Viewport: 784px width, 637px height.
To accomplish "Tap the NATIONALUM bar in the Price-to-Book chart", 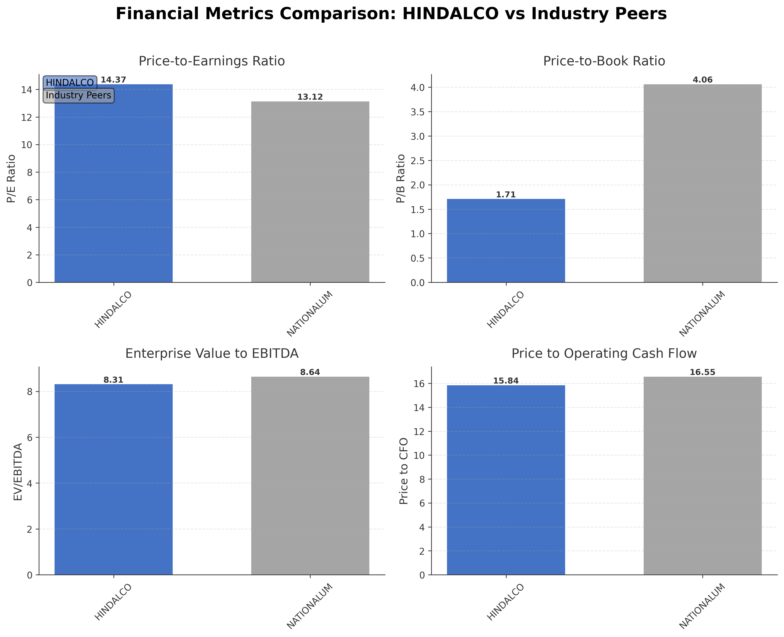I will pyautogui.click(x=702, y=184).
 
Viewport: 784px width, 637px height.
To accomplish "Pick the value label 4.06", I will pyautogui.click(x=702, y=80).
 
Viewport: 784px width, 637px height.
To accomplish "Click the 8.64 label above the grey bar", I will pyautogui.click(x=310, y=373).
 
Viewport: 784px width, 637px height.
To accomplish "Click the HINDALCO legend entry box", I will pyautogui.click(x=70, y=83).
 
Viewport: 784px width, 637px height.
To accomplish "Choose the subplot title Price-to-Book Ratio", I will pyautogui.click(x=604, y=61).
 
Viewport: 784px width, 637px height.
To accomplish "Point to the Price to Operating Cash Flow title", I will pyautogui.click(x=604, y=353).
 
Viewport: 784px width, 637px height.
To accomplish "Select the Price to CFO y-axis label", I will pyautogui.click(x=404, y=471).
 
